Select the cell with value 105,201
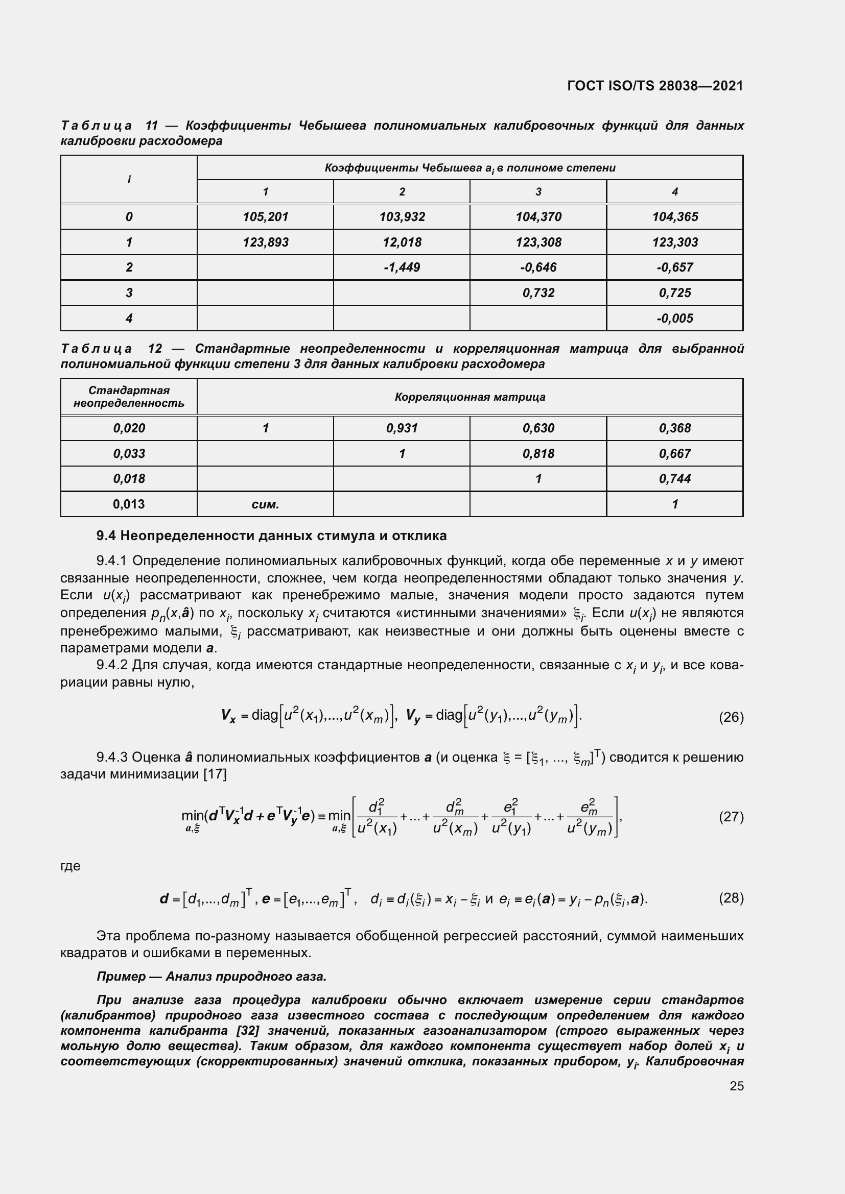tap(265, 217)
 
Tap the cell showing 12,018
tap(402, 242)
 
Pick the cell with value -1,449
tap(402, 267)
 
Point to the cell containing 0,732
tap(538, 293)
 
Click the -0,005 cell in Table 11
tap(674, 318)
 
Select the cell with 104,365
tap(674, 217)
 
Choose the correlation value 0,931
tap(402, 428)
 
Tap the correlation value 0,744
tap(674, 478)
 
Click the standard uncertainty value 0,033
tap(129, 453)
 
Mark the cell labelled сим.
tap(265, 504)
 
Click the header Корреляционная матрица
tap(470, 397)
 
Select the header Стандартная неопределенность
tap(129, 397)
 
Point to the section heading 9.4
tap(272, 535)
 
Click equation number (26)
tap(731, 718)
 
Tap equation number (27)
tap(731, 816)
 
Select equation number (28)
tap(731, 898)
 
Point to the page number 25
tap(736, 1086)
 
